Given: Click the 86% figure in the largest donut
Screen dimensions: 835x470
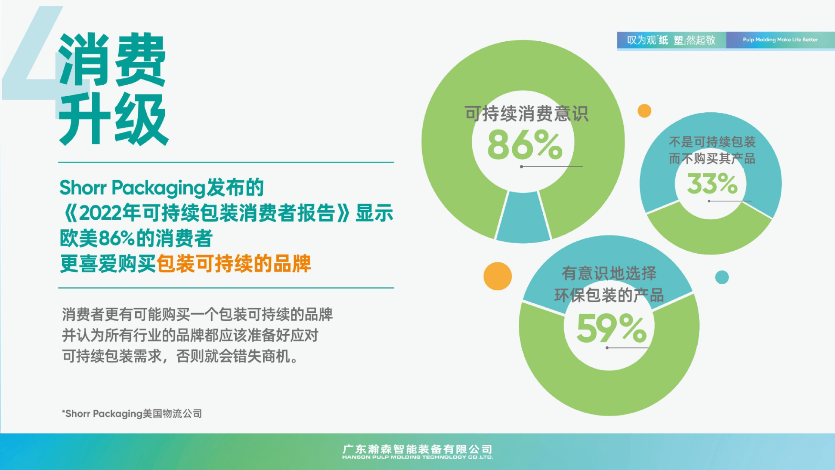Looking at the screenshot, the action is [525, 145].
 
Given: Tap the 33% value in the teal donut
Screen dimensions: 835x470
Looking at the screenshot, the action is [712, 183].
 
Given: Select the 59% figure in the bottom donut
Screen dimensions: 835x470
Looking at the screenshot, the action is [611, 328].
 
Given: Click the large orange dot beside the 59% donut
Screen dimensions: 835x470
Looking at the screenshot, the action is [498, 276].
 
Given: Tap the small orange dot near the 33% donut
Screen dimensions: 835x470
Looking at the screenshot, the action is [644, 111].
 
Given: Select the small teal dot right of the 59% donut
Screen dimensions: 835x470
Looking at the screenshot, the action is [722, 277].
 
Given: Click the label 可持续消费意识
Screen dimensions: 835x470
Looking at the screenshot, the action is [526, 114].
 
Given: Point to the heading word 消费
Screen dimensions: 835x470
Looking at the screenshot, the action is [112, 60].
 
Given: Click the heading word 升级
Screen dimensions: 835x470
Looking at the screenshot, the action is [114, 119].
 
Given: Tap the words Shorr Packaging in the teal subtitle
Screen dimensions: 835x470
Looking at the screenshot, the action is [132, 188].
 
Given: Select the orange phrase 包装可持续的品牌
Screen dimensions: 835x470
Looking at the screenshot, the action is [234, 264].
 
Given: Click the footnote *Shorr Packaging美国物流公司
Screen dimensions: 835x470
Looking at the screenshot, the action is [132, 413].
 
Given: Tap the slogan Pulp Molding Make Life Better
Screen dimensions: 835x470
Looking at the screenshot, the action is [780, 40].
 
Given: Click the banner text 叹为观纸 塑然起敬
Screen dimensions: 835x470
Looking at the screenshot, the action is [671, 40].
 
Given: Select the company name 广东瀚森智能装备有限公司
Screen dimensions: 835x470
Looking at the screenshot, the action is [417, 449].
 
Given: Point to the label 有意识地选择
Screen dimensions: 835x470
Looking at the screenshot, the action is [609, 273].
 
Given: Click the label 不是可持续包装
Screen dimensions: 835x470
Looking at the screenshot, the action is [712, 142].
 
